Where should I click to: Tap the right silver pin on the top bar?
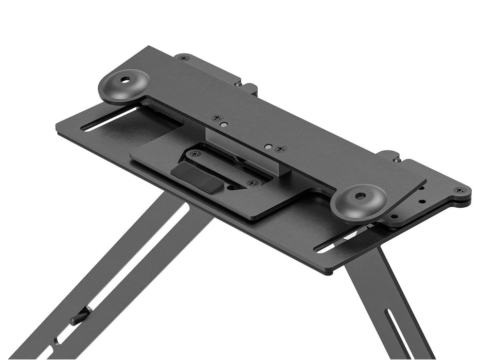click(268, 146)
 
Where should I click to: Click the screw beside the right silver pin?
click(280, 149)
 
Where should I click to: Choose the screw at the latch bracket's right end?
click(251, 183)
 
